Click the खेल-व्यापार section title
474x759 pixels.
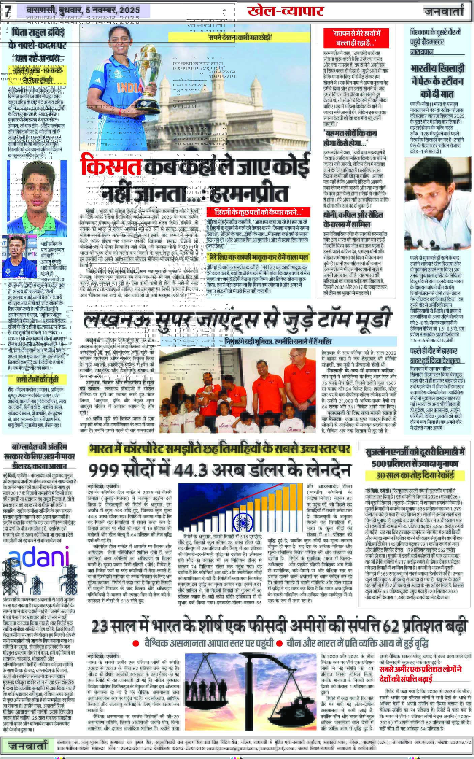(x=285, y=11)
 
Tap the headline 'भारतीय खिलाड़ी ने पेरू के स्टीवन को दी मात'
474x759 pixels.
(x=437, y=81)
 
